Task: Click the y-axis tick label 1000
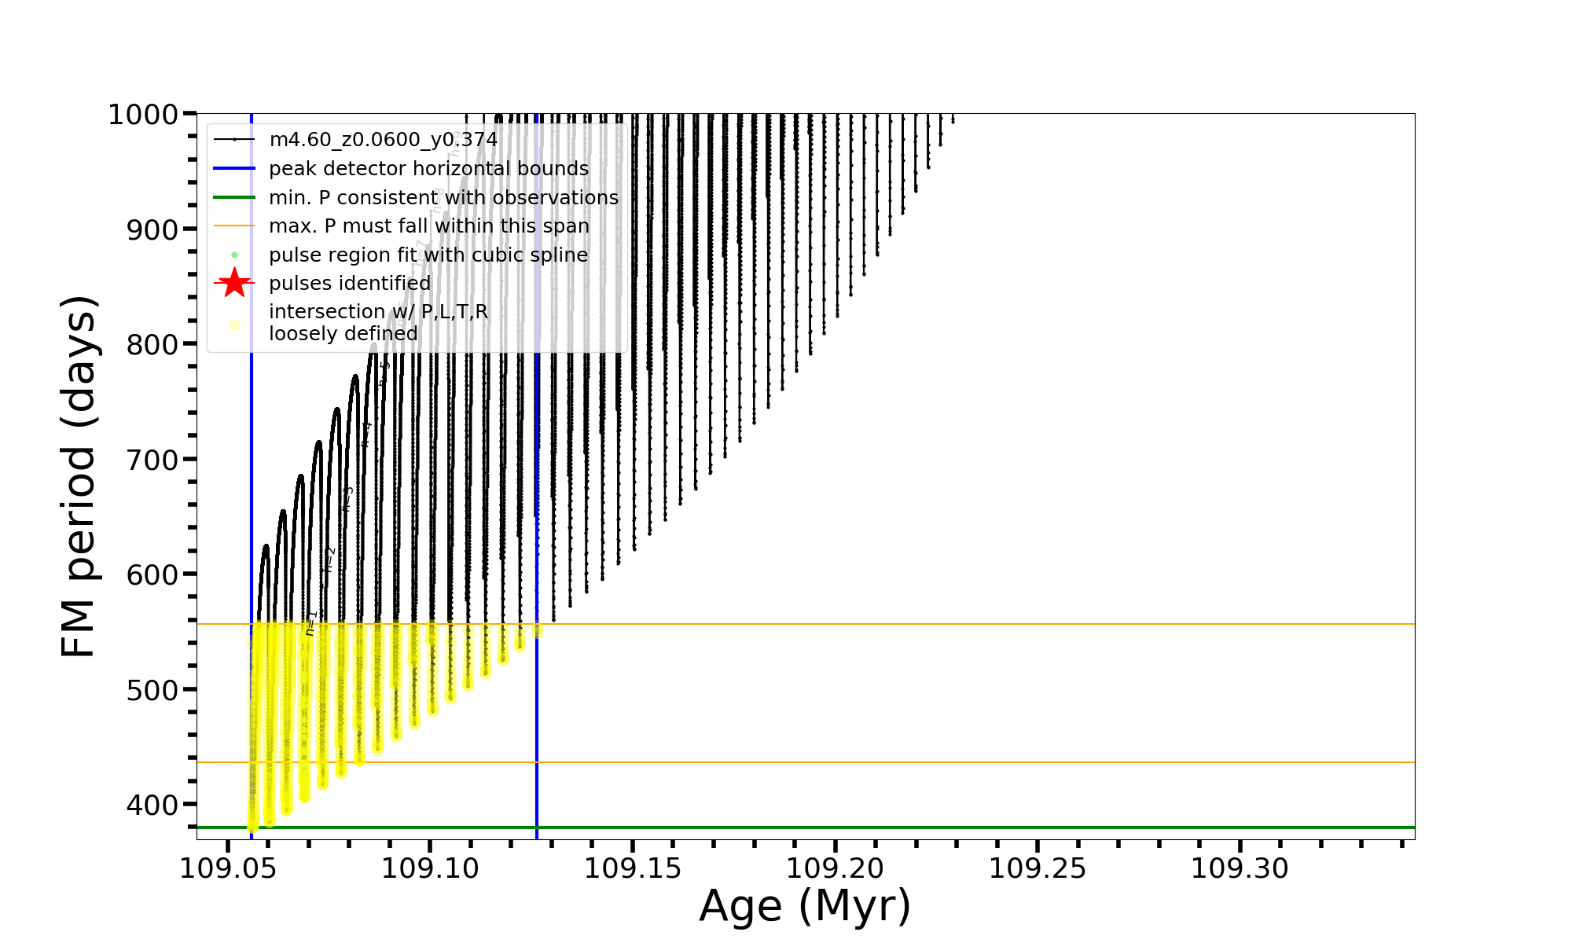(x=143, y=115)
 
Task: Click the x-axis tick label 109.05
(x=228, y=868)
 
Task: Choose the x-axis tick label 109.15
(x=633, y=868)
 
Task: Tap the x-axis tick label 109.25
(x=1038, y=868)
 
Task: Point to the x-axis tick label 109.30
(x=1240, y=868)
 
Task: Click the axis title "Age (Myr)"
(x=805, y=906)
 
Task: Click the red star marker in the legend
(x=234, y=283)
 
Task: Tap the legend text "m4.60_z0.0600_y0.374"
(x=383, y=140)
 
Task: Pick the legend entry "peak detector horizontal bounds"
(x=428, y=169)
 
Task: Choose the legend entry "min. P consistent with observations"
(x=443, y=198)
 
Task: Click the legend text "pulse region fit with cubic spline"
(x=428, y=255)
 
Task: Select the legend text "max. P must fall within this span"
(x=428, y=226)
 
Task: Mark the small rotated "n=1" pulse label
(x=311, y=622)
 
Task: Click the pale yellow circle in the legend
(x=234, y=324)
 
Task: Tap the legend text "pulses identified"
(x=350, y=283)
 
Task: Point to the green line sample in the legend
(x=234, y=197)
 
